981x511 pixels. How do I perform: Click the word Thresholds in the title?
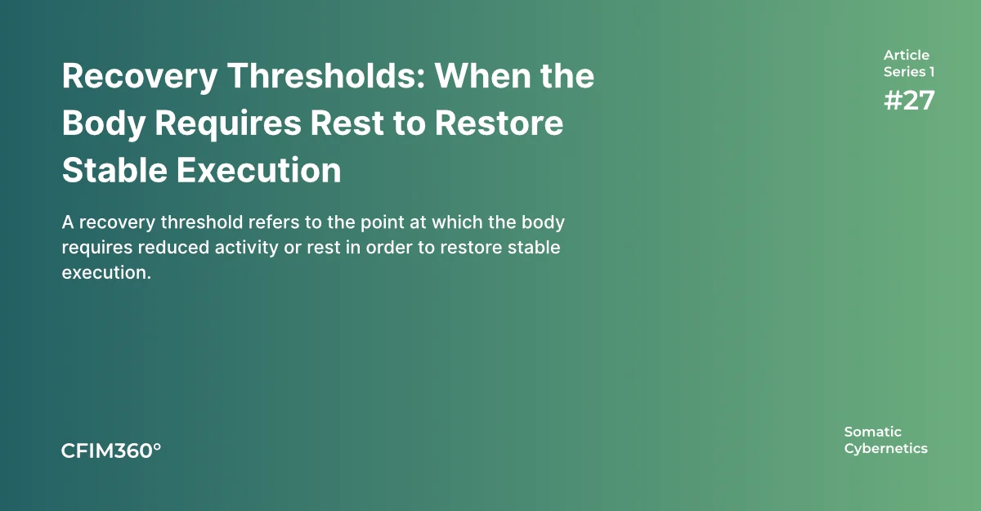click(326, 76)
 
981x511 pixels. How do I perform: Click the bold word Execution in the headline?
click(259, 170)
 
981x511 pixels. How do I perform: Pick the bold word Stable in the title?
click(114, 170)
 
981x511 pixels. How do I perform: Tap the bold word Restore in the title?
click(499, 123)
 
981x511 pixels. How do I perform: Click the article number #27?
click(909, 101)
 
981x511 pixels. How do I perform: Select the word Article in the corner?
click(906, 55)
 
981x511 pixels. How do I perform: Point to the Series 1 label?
click(909, 72)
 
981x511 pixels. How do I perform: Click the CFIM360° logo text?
click(111, 450)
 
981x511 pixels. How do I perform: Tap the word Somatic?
click(873, 432)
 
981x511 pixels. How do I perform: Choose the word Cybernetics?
click(886, 449)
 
